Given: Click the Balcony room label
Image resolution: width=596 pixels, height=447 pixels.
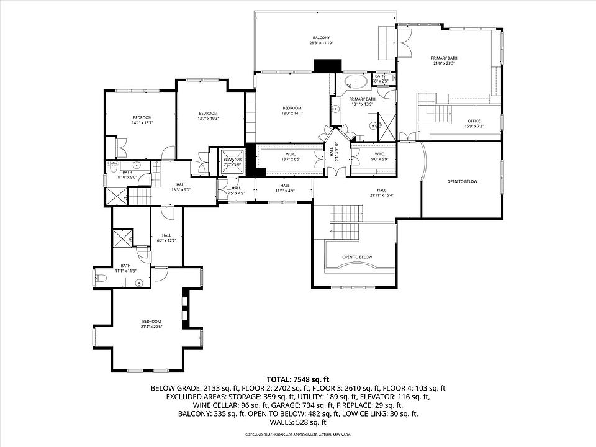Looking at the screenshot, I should click(321, 40).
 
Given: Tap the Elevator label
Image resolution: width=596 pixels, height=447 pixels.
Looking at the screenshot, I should click(232, 161).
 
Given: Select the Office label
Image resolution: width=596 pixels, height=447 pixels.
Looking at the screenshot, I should click(474, 123).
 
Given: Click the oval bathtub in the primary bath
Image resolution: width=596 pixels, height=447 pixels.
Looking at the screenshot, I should click(356, 81).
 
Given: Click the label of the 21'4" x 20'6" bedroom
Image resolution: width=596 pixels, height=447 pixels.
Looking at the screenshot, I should click(150, 323).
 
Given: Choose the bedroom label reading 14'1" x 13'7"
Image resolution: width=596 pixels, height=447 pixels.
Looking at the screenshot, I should click(142, 120).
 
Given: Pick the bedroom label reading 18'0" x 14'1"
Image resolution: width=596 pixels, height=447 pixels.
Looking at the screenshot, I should click(291, 111).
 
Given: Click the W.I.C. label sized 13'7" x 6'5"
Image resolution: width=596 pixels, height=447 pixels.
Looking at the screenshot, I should click(291, 156).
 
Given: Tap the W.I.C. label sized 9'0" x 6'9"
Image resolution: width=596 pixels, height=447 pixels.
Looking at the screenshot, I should click(379, 156).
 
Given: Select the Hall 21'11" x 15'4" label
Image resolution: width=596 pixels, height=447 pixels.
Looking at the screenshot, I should click(381, 192).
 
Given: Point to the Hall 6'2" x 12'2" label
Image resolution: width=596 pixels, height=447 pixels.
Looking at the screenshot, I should click(166, 237).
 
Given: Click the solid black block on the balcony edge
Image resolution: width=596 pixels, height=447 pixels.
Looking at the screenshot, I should click(327, 65).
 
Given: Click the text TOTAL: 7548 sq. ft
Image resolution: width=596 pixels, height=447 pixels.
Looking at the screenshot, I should click(297, 379).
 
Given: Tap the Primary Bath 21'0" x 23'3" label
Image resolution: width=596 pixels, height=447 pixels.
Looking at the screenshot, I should click(443, 60).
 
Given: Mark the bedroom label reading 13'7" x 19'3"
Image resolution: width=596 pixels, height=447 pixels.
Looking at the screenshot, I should click(208, 115).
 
